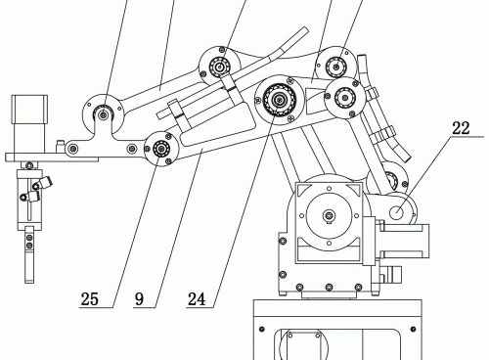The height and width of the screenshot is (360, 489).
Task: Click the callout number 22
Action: tap(461, 128)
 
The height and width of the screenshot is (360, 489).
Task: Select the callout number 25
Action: tap(90, 298)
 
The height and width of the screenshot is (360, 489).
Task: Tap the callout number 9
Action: tap(139, 298)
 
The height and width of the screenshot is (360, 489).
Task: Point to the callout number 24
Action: tap(197, 298)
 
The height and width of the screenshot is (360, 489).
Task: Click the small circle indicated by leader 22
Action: tap(397, 213)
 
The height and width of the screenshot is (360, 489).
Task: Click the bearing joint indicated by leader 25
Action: tap(161, 149)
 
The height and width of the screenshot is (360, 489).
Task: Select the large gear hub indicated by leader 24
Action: tap(280, 99)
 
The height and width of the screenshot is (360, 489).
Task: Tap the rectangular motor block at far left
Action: tap(29, 110)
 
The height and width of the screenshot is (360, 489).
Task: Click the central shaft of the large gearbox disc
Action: tap(329, 215)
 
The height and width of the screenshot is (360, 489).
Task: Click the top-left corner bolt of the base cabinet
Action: tap(261, 329)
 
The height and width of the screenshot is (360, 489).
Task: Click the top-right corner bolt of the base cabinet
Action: tap(413, 329)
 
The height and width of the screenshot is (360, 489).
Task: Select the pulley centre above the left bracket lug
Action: tap(104, 114)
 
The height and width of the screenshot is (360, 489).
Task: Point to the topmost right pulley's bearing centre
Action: tap(336, 67)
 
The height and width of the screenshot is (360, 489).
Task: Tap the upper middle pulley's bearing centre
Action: tap(220, 67)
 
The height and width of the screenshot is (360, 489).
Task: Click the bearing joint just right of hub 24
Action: tap(344, 97)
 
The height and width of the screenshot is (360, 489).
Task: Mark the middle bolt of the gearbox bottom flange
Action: tap(329, 288)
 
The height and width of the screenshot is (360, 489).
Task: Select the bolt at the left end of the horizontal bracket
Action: tap(72, 149)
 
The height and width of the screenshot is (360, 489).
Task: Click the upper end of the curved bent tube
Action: tap(305, 30)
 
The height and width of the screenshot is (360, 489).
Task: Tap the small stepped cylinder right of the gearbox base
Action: tap(391, 273)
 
